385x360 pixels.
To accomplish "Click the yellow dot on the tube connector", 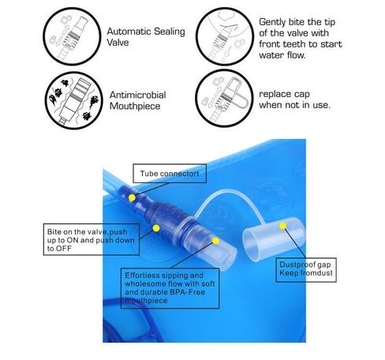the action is pos(132,197).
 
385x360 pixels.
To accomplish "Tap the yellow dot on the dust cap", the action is pos(282,226).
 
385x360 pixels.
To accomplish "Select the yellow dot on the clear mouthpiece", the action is pos(215,241).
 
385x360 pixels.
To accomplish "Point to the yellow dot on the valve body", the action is pos(156,228).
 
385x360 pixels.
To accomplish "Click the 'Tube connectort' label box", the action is pos(170,174).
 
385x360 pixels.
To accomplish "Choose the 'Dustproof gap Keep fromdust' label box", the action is pos(306,270).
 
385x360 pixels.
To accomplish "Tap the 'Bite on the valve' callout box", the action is pos(92,239).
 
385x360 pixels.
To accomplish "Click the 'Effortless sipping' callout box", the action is pos(170,288).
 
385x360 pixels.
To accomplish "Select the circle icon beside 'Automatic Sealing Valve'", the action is pos(72,36).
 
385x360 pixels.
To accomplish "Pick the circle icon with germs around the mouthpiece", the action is pos(74,100).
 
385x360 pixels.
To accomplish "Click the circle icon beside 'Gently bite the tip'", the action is pos(224,36).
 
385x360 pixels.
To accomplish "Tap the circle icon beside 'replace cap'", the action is pos(224,99).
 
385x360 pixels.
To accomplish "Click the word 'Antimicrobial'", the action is pos(137,95).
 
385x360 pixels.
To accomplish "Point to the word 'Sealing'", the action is pos(170,32).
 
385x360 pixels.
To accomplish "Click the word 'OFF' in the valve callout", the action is pos(63,249).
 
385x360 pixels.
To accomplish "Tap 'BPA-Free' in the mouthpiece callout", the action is pos(188,292).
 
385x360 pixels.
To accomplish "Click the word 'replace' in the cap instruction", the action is pos(275,94).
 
